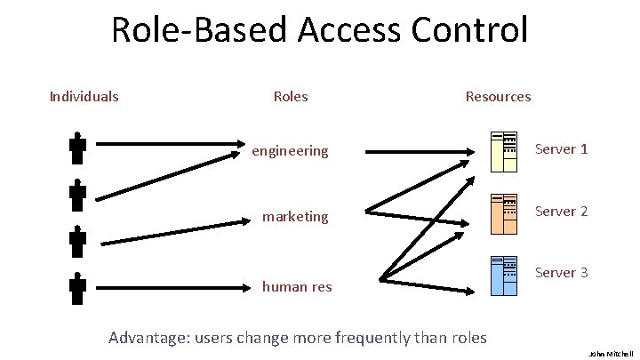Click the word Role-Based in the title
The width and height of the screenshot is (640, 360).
(x=200, y=29)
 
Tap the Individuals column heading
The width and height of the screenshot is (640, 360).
(x=84, y=96)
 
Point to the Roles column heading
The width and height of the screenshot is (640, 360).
(x=291, y=96)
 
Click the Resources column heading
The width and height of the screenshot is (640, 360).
(x=498, y=96)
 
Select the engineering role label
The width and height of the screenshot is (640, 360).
(x=290, y=151)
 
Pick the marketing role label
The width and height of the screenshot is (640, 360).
(x=294, y=216)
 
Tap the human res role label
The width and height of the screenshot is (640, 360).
(x=296, y=286)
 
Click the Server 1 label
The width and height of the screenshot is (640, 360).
(x=561, y=148)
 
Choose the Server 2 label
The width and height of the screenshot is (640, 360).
(x=561, y=212)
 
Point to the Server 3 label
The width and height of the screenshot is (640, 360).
(x=561, y=272)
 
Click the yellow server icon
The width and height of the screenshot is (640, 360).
(x=504, y=150)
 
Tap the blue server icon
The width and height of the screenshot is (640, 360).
(x=504, y=275)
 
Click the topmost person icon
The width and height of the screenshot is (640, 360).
(x=77, y=148)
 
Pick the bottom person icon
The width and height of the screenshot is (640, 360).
(x=77, y=288)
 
